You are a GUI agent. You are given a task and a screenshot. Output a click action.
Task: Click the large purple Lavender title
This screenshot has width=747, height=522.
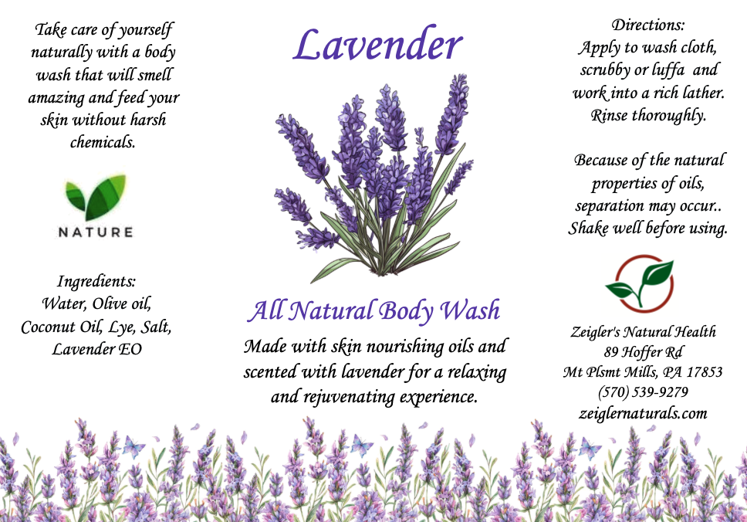coord(377,45)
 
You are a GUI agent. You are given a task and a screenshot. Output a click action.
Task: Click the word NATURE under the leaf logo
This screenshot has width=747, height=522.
coord(96,232)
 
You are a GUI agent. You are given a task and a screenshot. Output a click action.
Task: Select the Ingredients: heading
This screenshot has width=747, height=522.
coord(96,282)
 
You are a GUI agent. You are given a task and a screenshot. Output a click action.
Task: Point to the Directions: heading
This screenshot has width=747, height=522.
coord(648,25)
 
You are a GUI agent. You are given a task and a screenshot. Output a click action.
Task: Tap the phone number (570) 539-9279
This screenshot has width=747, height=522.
coord(643,391)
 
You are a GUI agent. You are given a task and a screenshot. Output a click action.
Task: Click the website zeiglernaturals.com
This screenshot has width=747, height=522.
coord(643,413)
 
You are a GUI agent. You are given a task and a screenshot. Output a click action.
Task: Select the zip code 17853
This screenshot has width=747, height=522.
coord(704,372)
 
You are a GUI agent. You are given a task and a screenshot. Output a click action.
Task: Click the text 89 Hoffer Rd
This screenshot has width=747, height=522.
coord(643,352)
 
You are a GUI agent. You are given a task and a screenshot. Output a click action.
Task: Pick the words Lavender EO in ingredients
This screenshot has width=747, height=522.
coord(96,350)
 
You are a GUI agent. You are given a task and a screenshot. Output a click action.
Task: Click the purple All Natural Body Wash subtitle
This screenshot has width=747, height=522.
coord(374,310)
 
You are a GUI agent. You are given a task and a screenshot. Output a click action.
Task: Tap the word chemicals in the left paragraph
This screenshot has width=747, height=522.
coord(103,142)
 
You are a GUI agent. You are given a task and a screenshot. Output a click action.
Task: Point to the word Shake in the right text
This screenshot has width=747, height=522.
coord(588,229)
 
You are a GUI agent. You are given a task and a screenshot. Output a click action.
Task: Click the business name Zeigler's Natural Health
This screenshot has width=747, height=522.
coord(643,331)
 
